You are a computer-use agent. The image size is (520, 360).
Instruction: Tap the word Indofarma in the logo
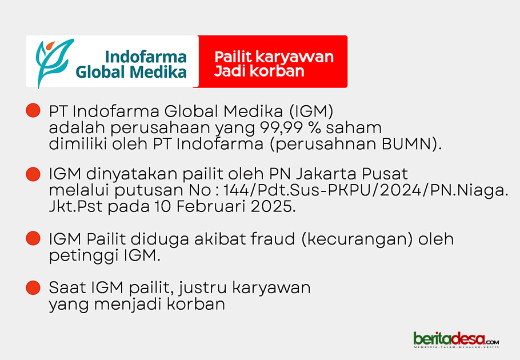(x=146, y=57)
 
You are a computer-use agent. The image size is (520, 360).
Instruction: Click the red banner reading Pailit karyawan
(x=273, y=61)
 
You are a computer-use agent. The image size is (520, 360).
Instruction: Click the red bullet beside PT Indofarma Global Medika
(x=33, y=110)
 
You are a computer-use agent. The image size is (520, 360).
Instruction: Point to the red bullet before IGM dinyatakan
(x=33, y=174)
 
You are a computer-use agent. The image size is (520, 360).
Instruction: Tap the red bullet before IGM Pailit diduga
(x=33, y=238)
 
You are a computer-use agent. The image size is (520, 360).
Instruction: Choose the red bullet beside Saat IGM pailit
(x=33, y=287)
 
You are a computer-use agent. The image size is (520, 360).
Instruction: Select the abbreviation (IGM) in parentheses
(x=311, y=111)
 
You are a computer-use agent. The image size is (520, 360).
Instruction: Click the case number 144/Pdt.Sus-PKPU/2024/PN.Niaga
(x=366, y=190)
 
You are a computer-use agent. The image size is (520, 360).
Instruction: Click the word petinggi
(x=84, y=256)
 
